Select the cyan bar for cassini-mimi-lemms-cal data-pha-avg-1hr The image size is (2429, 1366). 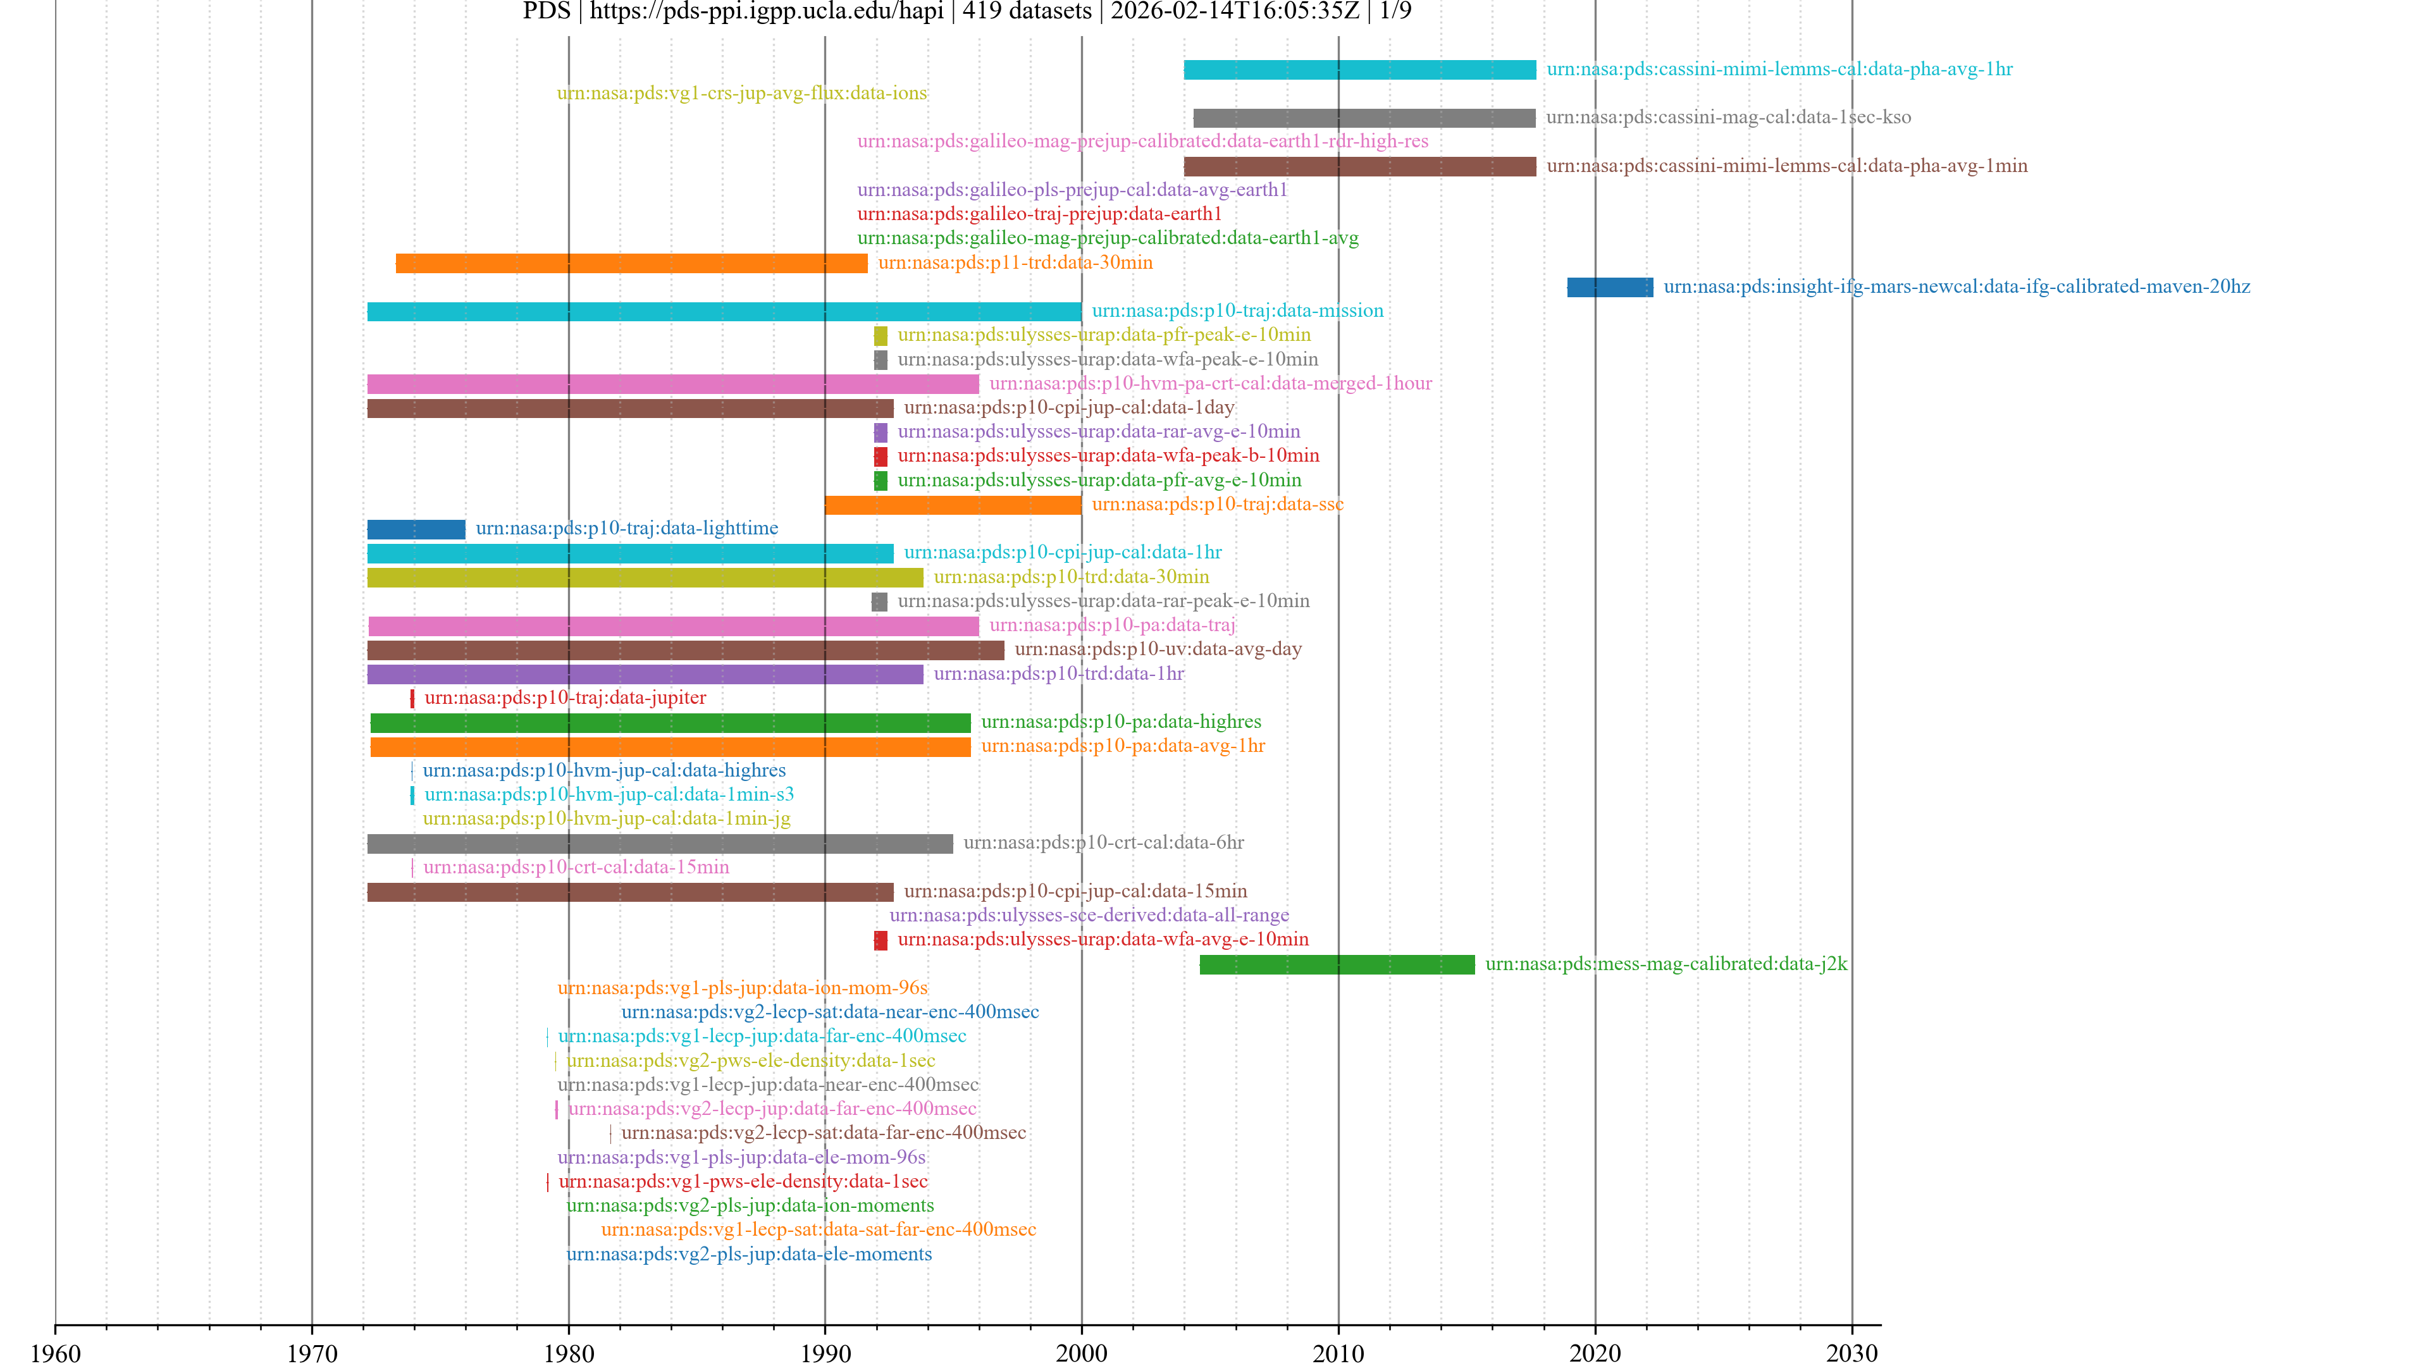tap(1359, 70)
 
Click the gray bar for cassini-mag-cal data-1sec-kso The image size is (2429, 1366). tap(1364, 118)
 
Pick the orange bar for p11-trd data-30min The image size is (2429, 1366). tap(631, 263)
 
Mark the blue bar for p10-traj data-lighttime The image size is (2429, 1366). tap(416, 529)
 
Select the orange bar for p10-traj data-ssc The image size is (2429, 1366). tap(953, 505)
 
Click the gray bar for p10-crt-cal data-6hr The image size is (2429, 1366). tap(659, 844)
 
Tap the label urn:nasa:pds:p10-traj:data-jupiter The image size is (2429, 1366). tap(565, 698)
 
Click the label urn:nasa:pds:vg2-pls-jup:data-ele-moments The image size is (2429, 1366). tap(749, 1254)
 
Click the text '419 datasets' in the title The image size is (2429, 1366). tap(1026, 11)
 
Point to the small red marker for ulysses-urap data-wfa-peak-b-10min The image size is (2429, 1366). tap(880, 456)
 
